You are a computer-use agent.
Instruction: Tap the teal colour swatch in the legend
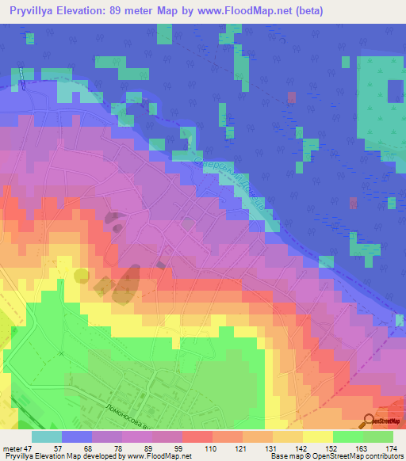46,436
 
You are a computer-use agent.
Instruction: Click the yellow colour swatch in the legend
317,436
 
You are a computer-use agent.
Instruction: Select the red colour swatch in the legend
197,436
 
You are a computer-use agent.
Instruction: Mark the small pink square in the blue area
292,97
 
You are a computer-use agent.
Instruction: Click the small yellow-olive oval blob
82,275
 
